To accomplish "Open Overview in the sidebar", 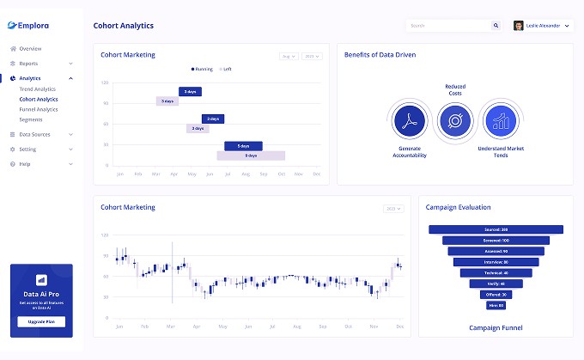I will pyautogui.click(x=30, y=48).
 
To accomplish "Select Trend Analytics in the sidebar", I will pyautogui.click(x=37, y=88).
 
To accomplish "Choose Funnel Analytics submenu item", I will pyautogui.click(x=39, y=109).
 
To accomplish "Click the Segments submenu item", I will pyautogui.click(x=31, y=119).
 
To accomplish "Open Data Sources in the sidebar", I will pyautogui.click(x=34, y=134).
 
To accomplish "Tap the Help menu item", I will pyautogui.click(x=24, y=163).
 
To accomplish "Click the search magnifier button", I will pyautogui.click(x=496, y=26).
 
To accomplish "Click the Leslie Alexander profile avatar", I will pyautogui.click(x=519, y=26).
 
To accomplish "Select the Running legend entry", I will pyautogui.click(x=202, y=69).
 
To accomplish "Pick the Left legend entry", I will pyautogui.click(x=226, y=69).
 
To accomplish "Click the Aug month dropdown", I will pyautogui.click(x=289, y=57).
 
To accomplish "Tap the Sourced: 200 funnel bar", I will pyautogui.click(x=496, y=229).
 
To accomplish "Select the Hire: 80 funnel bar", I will pyautogui.click(x=496, y=305).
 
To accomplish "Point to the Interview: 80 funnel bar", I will pyautogui.click(x=496, y=261).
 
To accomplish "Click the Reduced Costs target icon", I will pyautogui.click(x=455, y=121).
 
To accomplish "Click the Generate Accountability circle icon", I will pyautogui.click(x=409, y=121).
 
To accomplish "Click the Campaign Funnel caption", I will pyautogui.click(x=496, y=327).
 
